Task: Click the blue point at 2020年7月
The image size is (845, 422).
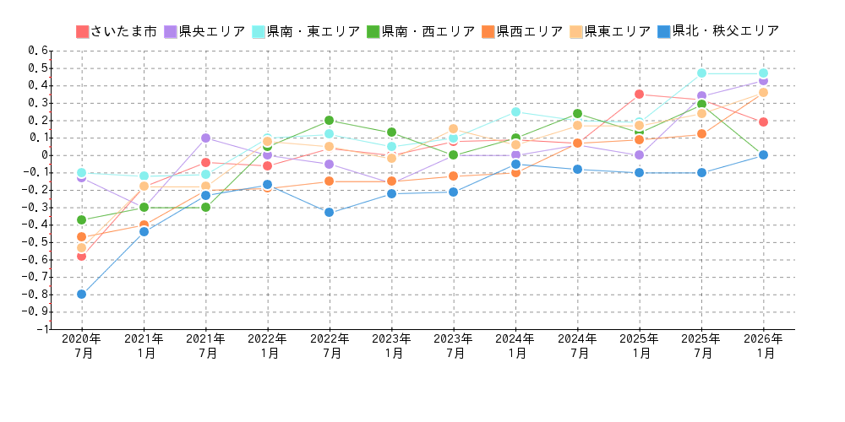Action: click(81, 294)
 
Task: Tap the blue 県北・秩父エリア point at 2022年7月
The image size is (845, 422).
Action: click(329, 212)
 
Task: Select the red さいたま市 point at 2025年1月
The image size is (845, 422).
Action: click(639, 94)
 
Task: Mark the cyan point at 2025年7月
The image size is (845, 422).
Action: click(701, 73)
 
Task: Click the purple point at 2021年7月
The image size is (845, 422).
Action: click(205, 138)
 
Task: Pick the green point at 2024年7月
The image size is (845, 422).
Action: click(577, 113)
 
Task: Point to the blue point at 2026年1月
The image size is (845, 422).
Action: click(763, 154)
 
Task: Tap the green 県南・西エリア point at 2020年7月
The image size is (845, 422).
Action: click(81, 219)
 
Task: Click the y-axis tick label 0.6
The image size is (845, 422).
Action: click(38, 51)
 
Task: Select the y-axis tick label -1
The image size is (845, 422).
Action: click(41, 329)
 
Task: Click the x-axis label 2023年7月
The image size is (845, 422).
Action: click(453, 346)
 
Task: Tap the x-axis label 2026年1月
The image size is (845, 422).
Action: click(763, 346)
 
